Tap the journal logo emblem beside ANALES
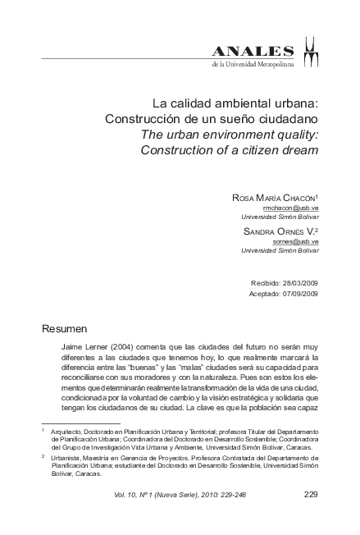click(x=311, y=52)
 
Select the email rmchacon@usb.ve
click(x=297, y=208)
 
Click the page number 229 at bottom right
click(x=310, y=494)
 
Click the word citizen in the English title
click(x=253, y=150)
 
